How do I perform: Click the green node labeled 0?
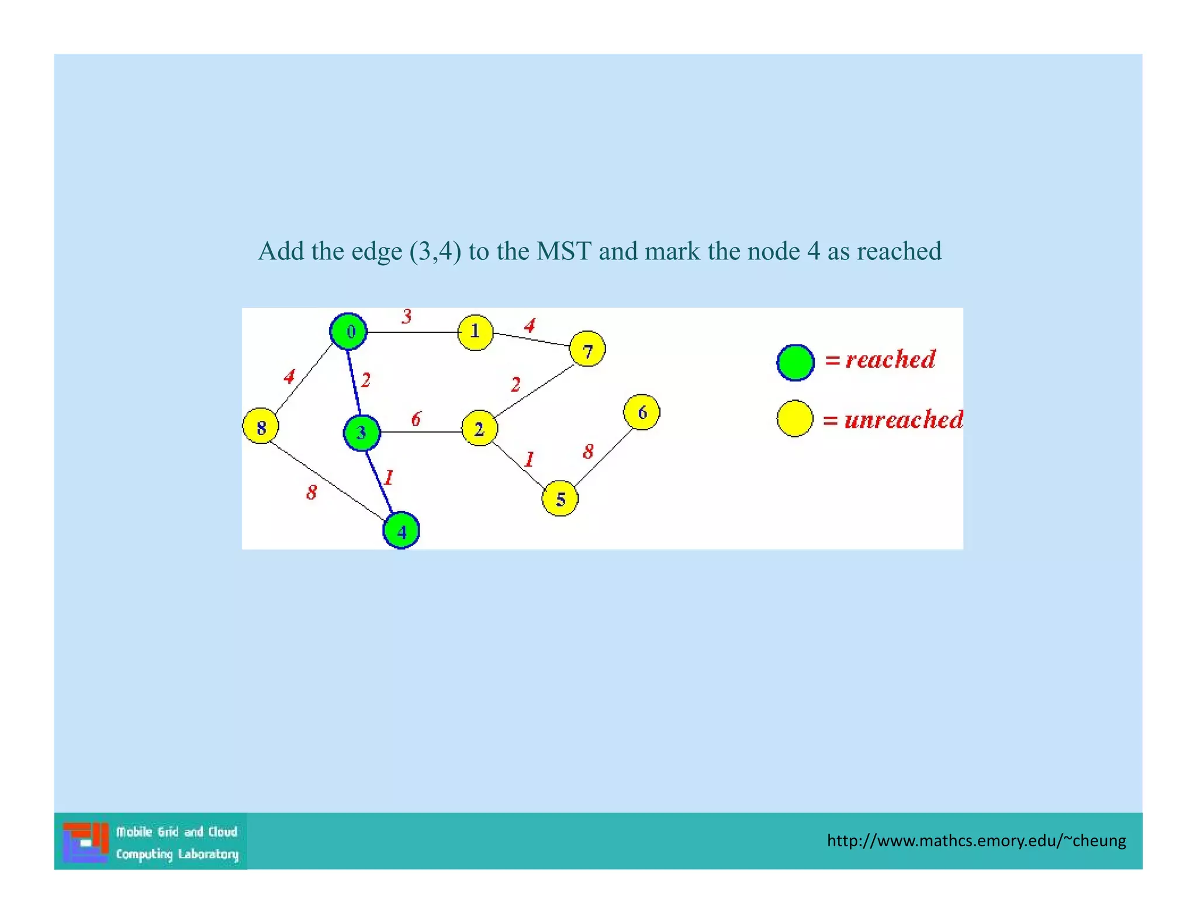348,332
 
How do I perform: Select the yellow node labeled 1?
475,332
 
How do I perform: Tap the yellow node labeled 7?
587,349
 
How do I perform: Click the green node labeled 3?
362,433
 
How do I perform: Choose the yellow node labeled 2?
479,429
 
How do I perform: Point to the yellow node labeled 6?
642,412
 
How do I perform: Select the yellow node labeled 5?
560,499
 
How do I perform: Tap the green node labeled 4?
401,530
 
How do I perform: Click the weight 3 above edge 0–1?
407,317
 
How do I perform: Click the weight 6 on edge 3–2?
416,419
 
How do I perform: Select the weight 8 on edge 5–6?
588,451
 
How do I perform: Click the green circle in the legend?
795,363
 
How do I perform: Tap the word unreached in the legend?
903,420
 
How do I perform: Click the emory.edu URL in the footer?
976,840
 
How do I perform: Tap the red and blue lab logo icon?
85,842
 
